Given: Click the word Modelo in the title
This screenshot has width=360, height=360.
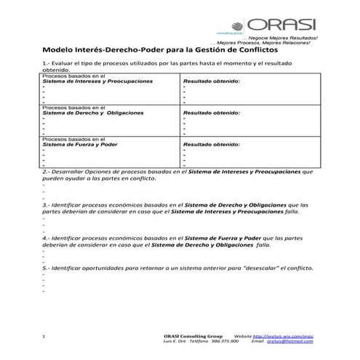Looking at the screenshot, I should coord(61,50).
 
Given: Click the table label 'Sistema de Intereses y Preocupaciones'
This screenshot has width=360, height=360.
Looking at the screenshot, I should coord(97,81).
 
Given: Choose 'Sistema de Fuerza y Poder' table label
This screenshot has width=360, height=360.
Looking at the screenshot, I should coord(80,144).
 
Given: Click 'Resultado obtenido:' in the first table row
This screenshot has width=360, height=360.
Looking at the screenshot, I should coord(211,81).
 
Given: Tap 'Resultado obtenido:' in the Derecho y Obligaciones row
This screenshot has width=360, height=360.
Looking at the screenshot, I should coord(211,113).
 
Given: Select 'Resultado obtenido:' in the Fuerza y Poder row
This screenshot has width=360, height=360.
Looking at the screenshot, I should coord(211,144).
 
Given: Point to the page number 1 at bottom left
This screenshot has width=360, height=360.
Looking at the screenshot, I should coord(45,337).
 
